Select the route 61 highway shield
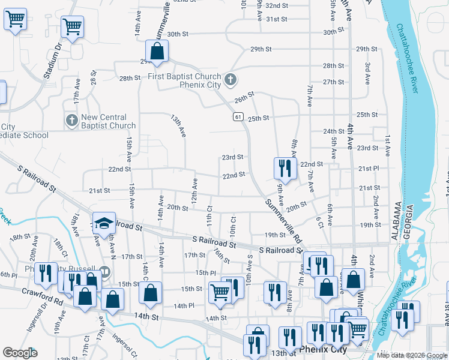pos(238,117)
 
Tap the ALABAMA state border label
pos(396,221)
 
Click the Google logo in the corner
pos(20,353)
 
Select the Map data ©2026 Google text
pos(412,355)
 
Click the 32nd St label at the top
pos(277,5)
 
